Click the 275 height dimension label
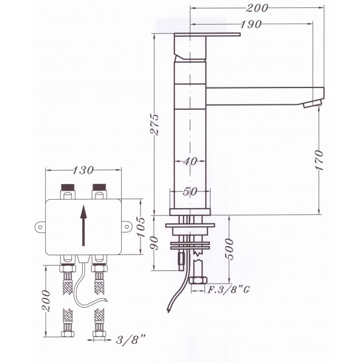pyautogui.click(x=154, y=124)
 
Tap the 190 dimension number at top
pyautogui.click(x=251, y=24)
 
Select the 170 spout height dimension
pyautogui.click(x=319, y=160)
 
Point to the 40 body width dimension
pyautogui.click(x=191, y=161)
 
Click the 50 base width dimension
pyautogui.click(x=190, y=191)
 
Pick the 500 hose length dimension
pyautogui.click(x=229, y=249)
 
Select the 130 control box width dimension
pyautogui.click(x=83, y=170)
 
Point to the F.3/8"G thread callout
pyautogui.click(x=229, y=289)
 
